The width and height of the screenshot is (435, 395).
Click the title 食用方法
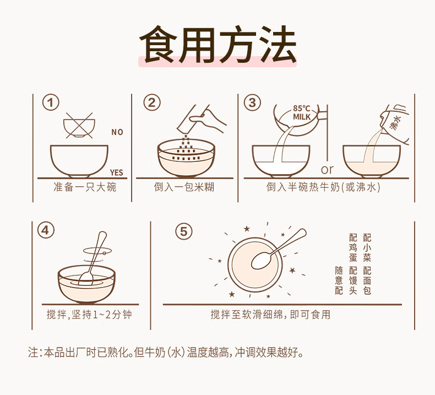click(218, 44)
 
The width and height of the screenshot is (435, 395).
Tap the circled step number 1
click(51, 102)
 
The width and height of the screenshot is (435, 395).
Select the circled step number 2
click(152, 102)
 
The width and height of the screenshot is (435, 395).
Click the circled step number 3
click(252, 102)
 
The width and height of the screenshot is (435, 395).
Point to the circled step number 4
click(46, 231)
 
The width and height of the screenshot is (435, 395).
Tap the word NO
click(117, 132)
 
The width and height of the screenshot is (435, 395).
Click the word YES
click(117, 172)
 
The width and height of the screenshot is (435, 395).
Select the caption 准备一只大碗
click(85, 187)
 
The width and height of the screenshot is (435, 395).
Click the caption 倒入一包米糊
click(184, 187)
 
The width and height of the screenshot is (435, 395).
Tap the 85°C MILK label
click(302, 113)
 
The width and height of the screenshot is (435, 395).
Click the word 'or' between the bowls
click(327, 170)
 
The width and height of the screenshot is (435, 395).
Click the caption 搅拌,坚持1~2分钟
click(89, 315)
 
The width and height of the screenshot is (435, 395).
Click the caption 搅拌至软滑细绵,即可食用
click(270, 315)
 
